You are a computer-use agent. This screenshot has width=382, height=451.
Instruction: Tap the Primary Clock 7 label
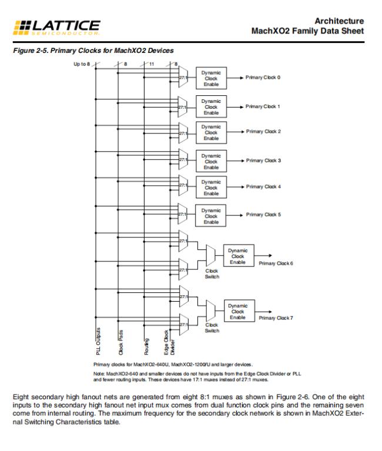[276, 318]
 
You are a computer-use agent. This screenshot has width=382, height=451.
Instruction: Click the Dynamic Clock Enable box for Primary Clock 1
[211, 107]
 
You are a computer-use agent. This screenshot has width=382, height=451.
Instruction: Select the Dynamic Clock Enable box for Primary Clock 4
[211, 188]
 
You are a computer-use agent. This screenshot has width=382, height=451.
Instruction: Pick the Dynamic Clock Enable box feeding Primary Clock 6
[238, 256]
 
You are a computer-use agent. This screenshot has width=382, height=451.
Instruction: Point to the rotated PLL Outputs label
[98, 342]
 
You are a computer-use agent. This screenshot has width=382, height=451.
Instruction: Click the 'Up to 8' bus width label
[81, 63]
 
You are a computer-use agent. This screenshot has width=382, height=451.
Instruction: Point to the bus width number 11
[152, 63]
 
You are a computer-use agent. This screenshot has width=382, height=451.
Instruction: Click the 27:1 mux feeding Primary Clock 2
[182, 133]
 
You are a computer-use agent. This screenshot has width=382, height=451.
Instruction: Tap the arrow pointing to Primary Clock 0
[234, 78]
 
